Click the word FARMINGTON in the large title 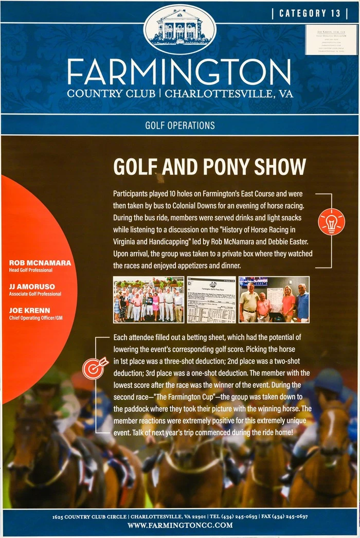[x=179, y=71]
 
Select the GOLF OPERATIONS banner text [x=180, y=125]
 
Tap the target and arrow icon [x=96, y=367]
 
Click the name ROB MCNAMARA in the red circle [x=40, y=263]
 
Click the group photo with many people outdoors [x=148, y=300]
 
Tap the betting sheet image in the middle [x=211, y=300]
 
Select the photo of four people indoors [x=274, y=300]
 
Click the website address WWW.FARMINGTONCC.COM [x=180, y=525]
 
